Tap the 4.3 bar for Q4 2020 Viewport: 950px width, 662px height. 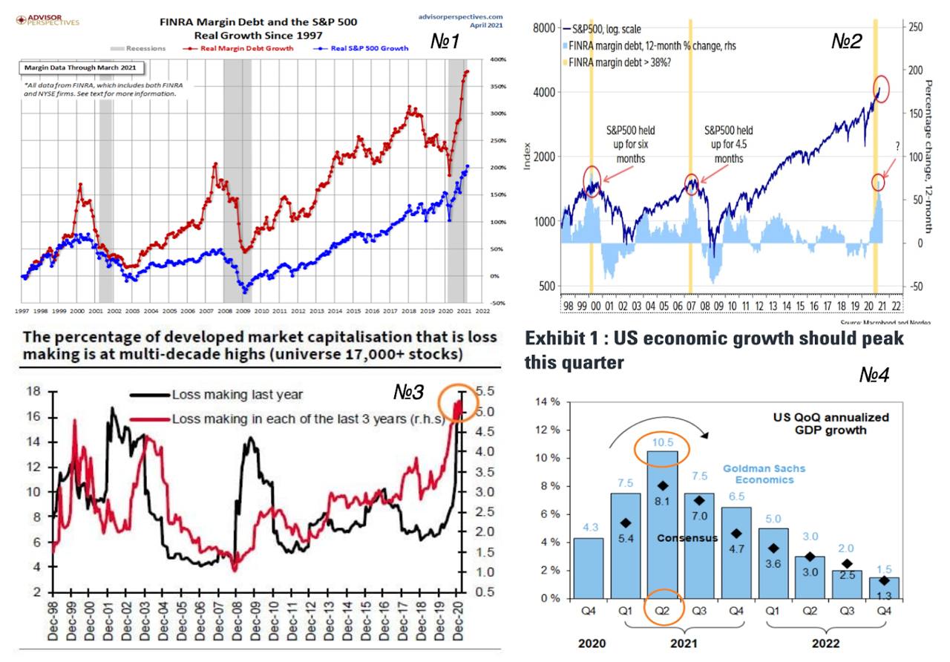pyautogui.click(x=589, y=568)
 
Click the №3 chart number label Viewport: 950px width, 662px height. pyautogui.click(x=409, y=390)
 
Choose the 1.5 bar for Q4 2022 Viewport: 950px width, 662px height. pyautogui.click(x=883, y=588)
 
